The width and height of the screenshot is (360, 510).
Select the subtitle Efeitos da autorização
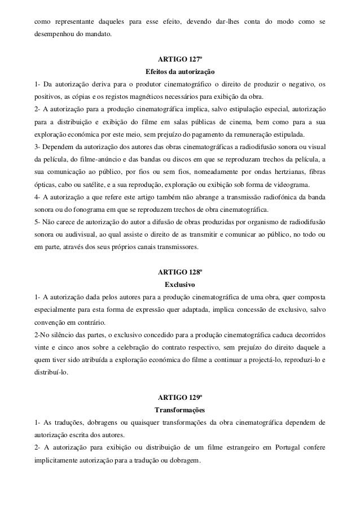tap(179, 72)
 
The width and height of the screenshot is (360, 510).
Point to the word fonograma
tap(80, 207)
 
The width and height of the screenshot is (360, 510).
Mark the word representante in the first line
tap(72, 23)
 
